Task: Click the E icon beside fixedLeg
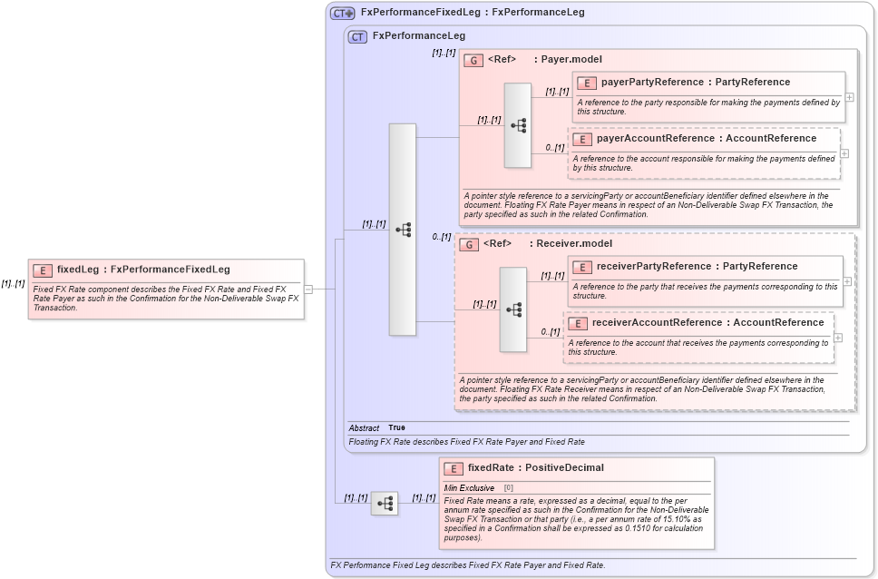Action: pyautogui.click(x=43, y=270)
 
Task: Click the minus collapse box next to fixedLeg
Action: pyautogui.click(x=308, y=289)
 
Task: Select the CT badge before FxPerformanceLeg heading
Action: pyautogui.click(x=358, y=36)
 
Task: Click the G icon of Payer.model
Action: pyautogui.click(x=473, y=60)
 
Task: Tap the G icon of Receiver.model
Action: pyautogui.click(x=468, y=244)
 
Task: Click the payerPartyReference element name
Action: pyautogui.click(x=652, y=82)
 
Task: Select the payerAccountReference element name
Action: pyautogui.click(x=656, y=138)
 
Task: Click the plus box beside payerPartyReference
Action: pyautogui.click(x=849, y=97)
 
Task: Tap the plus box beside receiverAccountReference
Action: pyautogui.click(x=837, y=338)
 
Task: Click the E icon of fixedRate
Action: pyautogui.click(x=454, y=468)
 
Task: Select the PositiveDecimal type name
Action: pyautogui.click(x=563, y=468)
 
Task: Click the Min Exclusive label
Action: pyautogui.click(x=469, y=487)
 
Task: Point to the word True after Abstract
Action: pyautogui.click(x=396, y=427)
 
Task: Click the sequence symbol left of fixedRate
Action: pyautogui.click(x=385, y=503)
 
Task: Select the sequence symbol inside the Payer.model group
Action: pyautogui.click(x=518, y=125)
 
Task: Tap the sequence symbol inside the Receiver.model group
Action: pyautogui.click(x=512, y=309)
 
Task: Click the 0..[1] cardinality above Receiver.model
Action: pyautogui.click(x=441, y=237)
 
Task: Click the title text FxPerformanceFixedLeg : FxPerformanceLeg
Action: pyautogui.click(x=472, y=13)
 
